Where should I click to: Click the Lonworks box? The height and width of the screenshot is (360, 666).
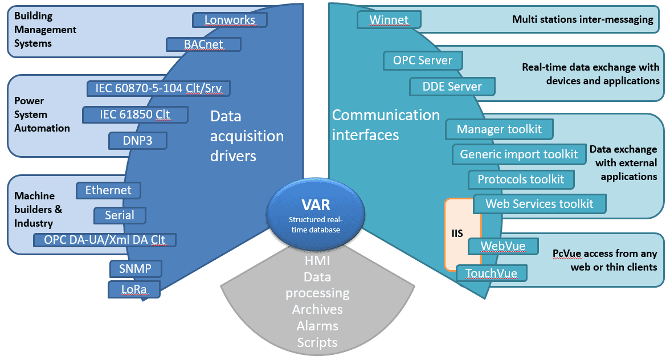coord(230,20)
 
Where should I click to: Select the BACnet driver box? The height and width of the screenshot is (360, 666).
coord(203,44)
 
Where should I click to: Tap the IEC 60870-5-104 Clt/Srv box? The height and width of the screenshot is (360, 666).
coord(158,88)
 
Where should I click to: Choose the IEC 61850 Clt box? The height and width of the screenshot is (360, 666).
coord(135,114)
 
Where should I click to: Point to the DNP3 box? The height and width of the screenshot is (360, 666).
coord(137,141)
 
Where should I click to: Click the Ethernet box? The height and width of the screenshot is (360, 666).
coord(108,190)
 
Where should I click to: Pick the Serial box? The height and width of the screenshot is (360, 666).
coord(120,215)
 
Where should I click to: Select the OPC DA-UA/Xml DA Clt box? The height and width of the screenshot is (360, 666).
coord(105,240)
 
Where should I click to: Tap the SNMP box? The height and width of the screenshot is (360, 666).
coord(135,268)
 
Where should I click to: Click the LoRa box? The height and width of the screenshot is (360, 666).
coord(134,289)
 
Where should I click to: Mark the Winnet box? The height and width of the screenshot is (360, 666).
coord(389,20)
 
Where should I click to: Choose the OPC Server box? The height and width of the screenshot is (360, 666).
coord(423,60)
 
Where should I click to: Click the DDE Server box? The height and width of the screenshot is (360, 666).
coord(452,87)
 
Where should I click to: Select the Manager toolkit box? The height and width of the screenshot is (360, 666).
coord(499,129)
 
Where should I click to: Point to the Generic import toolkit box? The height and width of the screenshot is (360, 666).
coord(518,154)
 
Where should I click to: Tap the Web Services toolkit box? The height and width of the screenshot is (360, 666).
coord(539,203)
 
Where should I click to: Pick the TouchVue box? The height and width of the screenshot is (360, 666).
coord(491,273)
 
